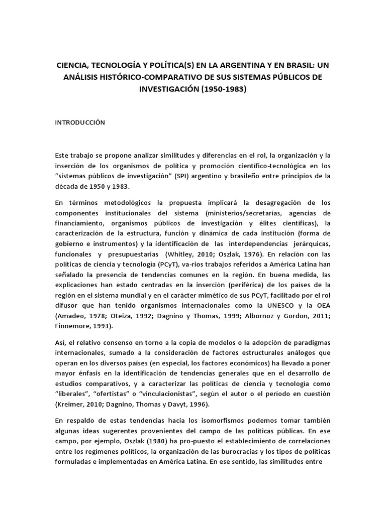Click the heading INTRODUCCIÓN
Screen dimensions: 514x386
[80, 123]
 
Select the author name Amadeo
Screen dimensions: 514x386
[72, 316]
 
